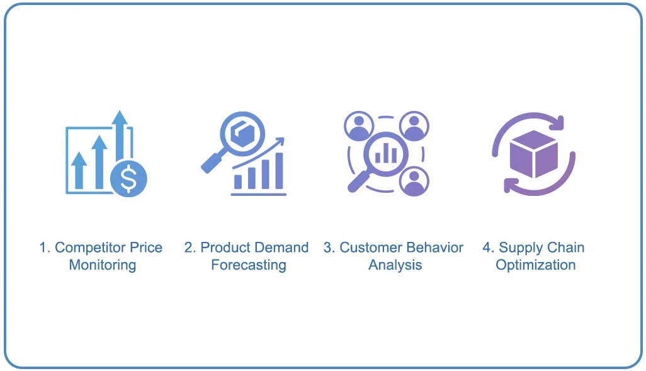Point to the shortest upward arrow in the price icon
click(x=79, y=170)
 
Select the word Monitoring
click(x=102, y=265)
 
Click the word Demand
click(x=283, y=248)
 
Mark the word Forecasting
click(x=248, y=265)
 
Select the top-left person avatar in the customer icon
click(x=359, y=125)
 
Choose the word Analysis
click(x=395, y=265)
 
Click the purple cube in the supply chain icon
click(x=534, y=154)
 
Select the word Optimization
click(x=535, y=265)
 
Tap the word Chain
click(x=565, y=248)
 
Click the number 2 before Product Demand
click(x=188, y=248)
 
